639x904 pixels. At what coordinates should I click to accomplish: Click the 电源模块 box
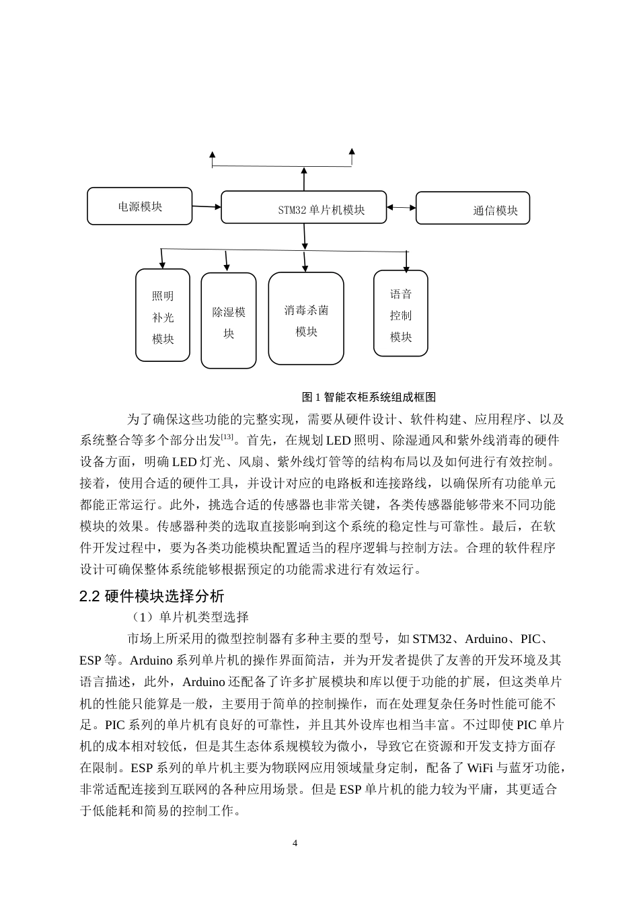140,206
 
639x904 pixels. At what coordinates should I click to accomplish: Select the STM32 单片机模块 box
304,207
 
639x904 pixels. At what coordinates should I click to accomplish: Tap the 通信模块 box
473,208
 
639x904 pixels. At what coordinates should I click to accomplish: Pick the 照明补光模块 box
163,315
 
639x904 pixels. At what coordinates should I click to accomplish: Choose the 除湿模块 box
229,321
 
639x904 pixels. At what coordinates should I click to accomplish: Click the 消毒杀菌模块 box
306,318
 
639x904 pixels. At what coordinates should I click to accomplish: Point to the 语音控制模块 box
401,313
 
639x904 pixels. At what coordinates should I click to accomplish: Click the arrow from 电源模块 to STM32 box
206,206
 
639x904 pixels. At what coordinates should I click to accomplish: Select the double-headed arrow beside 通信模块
402,208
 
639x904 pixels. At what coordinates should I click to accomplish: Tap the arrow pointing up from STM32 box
304,179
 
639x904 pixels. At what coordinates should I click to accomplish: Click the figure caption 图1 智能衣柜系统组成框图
369,398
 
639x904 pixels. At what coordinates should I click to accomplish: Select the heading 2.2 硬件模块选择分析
152,596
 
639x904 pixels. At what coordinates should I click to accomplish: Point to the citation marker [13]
227,437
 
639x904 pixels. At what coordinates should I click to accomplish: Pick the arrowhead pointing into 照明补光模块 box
162,263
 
